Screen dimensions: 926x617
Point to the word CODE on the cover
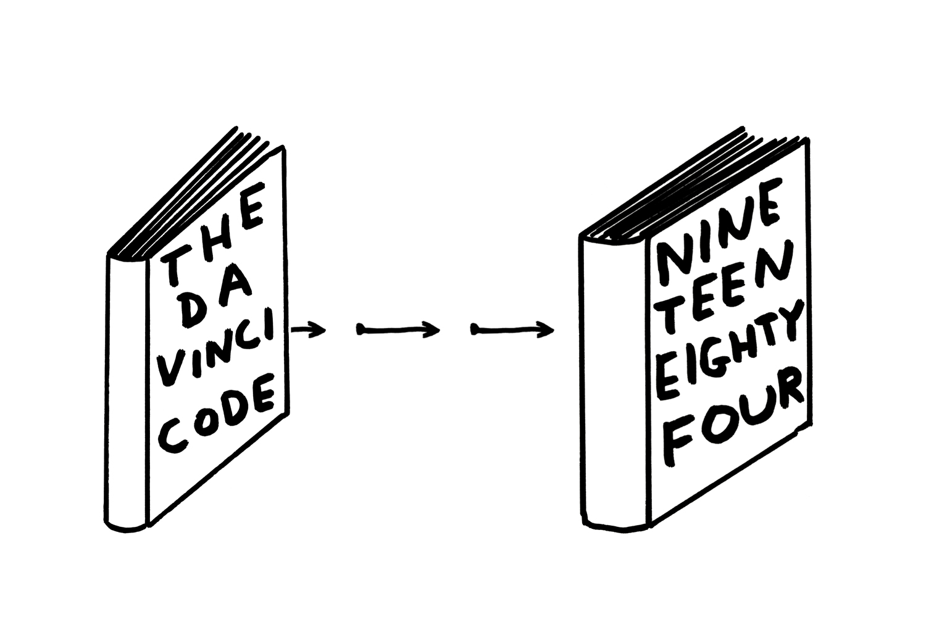216,414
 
